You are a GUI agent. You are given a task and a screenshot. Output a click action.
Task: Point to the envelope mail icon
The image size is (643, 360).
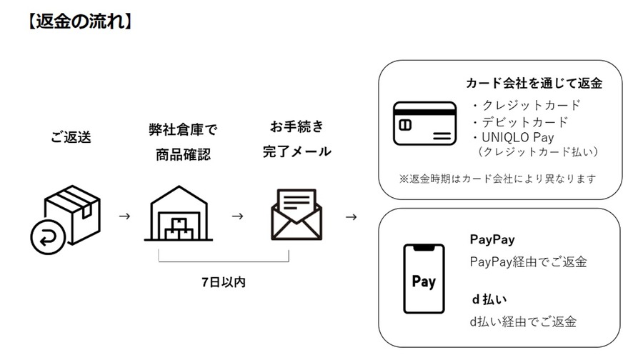tap(296, 214)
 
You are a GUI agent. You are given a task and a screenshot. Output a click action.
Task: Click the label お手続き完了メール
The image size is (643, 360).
tap(296, 139)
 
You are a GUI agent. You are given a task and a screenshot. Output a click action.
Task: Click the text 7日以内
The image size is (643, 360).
tap(224, 281)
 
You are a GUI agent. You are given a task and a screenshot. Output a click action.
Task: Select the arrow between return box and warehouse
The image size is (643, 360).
tap(124, 216)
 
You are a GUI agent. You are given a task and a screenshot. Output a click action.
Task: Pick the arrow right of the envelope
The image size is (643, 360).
tap(351, 216)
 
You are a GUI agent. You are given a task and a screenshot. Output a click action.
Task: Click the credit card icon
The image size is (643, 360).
tap(424, 124)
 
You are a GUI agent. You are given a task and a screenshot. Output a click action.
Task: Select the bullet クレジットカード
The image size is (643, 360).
tap(527, 105)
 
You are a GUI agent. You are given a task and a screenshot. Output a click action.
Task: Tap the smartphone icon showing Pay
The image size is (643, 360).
tap(424, 279)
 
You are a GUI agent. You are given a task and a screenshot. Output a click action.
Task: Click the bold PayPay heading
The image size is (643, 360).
tap(492, 239)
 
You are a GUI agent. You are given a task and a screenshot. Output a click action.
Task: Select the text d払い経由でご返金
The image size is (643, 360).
tap(523, 321)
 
